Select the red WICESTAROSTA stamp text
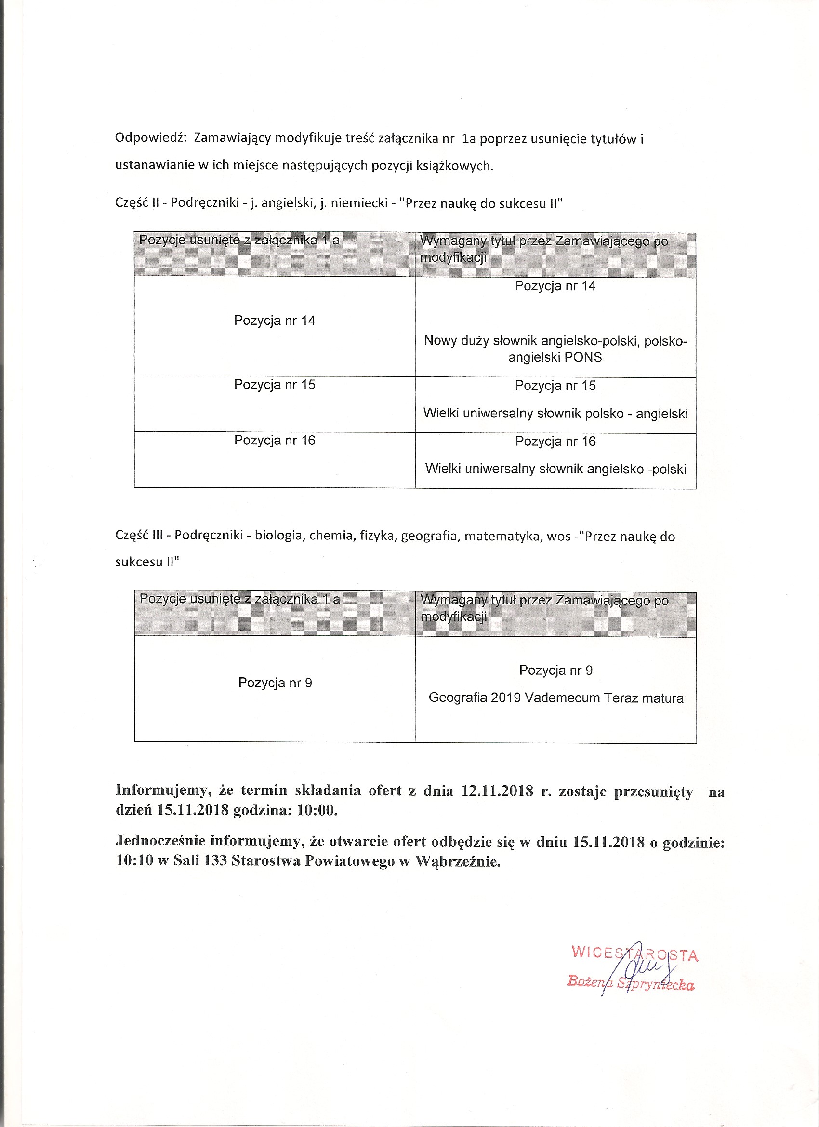click(635, 952)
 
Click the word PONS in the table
click(583, 357)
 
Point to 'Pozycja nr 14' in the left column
click(275, 321)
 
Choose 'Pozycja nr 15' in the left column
click(275, 385)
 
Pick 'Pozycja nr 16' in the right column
click(555, 441)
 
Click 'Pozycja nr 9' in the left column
click(275, 683)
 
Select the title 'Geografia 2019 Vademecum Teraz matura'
click(556, 698)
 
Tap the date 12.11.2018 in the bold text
click(497, 791)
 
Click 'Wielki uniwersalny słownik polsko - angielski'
click(555, 414)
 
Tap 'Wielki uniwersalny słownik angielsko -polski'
click(555, 469)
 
